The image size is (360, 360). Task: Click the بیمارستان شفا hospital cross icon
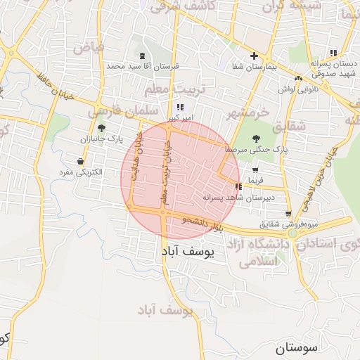click(x=255, y=56)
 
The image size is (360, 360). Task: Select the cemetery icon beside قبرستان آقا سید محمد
click(x=143, y=56)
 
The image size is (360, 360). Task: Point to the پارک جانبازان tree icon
click(x=103, y=128)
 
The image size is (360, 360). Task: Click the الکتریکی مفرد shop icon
click(x=82, y=162)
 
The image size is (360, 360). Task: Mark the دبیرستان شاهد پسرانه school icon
click(x=238, y=186)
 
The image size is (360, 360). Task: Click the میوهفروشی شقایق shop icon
click(x=288, y=214)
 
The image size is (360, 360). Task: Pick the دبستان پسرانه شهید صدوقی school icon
click(x=333, y=53)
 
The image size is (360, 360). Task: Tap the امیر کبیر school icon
click(x=180, y=107)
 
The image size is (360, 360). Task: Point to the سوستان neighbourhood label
click(x=297, y=347)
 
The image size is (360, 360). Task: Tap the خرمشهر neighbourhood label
click(x=248, y=112)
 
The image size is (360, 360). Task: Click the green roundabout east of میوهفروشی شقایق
click(x=292, y=233)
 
